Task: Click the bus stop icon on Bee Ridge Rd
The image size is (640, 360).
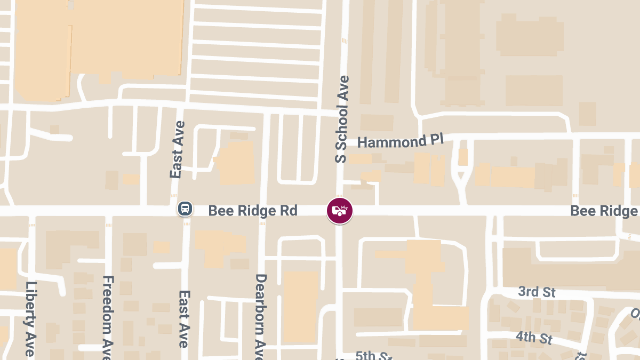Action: pyautogui.click(x=185, y=209)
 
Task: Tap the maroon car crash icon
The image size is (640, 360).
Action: pyautogui.click(x=340, y=211)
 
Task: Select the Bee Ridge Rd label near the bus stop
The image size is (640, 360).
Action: pyautogui.click(x=252, y=210)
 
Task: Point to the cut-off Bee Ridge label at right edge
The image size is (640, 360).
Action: pyautogui.click(x=604, y=211)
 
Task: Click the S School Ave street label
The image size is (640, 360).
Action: pyautogui.click(x=341, y=119)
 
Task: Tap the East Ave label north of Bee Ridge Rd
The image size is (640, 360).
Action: pyautogui.click(x=178, y=149)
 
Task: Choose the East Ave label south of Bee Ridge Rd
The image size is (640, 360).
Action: pyautogui.click(x=184, y=318)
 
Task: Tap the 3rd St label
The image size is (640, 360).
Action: pyautogui.click(x=537, y=292)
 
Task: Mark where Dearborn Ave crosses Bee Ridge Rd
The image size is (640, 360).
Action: pyautogui.click(x=262, y=211)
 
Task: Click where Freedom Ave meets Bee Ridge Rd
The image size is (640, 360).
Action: pyautogui.click(x=108, y=211)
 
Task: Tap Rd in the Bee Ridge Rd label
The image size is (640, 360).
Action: pyautogui.click(x=289, y=210)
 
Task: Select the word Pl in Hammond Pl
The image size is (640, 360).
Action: pyautogui.click(x=436, y=141)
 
